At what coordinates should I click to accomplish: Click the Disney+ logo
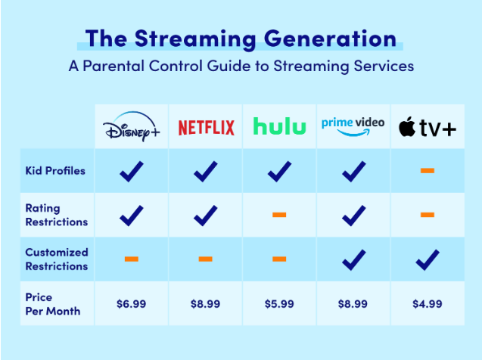tap(132, 126)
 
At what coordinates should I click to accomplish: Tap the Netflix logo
tap(206, 128)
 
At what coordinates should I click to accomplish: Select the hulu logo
tap(279, 126)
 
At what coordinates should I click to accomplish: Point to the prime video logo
tap(353, 126)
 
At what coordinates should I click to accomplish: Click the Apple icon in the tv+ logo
tap(407, 126)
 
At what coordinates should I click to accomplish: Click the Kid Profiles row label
tap(55, 171)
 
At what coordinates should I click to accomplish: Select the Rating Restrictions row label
tap(57, 215)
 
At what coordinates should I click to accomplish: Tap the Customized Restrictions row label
tap(57, 259)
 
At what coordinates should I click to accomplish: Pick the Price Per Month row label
tap(53, 304)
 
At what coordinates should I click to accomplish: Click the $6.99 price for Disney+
tap(131, 304)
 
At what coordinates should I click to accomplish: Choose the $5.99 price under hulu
tap(279, 304)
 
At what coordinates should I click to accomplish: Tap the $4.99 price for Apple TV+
tap(428, 304)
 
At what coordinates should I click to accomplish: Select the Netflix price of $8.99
tap(205, 304)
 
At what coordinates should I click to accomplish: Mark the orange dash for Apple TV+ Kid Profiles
tap(428, 170)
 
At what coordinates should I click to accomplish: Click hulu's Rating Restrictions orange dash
tap(279, 215)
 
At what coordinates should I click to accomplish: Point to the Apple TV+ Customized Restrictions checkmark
tap(428, 260)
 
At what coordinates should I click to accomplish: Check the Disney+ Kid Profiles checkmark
tap(131, 172)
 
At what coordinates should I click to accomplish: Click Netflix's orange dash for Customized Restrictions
tap(205, 259)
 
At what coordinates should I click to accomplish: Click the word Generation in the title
tap(330, 39)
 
